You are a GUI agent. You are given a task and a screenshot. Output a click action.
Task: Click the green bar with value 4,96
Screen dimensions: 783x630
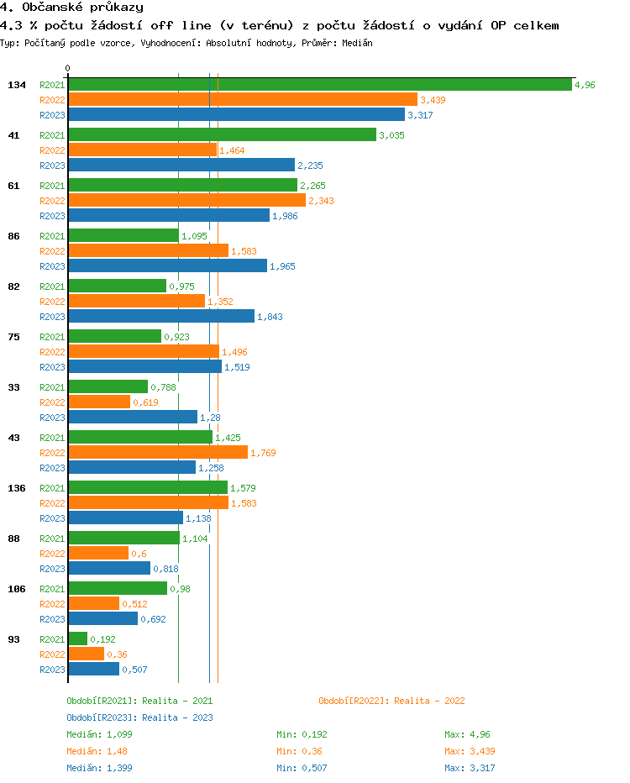point(319,84)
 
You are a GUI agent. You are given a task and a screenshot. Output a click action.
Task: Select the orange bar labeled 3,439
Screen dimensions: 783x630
point(242,99)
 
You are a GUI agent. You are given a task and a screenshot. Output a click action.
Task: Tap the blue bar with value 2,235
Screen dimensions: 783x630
point(181,165)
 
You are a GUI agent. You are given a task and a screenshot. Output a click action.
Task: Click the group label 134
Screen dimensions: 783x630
point(16,85)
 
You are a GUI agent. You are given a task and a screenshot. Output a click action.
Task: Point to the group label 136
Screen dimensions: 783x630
point(16,488)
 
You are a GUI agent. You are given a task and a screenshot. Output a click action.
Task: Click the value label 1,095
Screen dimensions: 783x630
point(194,236)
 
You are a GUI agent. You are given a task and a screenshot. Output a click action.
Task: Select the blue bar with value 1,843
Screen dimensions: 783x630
point(161,316)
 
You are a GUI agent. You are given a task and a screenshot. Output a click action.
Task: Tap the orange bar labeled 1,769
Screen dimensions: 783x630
point(158,452)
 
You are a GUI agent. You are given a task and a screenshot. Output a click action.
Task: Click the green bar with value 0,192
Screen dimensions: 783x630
point(77,638)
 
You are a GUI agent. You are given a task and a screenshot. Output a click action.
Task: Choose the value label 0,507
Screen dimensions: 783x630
point(134,670)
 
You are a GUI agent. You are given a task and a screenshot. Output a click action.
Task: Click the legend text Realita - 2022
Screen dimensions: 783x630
point(429,701)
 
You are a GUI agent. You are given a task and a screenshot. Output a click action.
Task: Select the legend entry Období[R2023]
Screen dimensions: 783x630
point(102,717)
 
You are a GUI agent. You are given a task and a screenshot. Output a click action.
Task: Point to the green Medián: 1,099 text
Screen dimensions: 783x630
point(98,734)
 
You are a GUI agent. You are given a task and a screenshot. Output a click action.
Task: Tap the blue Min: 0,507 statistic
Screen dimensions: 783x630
point(302,768)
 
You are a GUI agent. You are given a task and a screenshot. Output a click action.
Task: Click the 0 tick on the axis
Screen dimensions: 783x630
point(68,68)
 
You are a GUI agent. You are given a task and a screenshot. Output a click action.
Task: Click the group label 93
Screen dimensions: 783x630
point(13,639)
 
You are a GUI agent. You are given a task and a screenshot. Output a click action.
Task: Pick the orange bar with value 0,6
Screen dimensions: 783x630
point(98,553)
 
